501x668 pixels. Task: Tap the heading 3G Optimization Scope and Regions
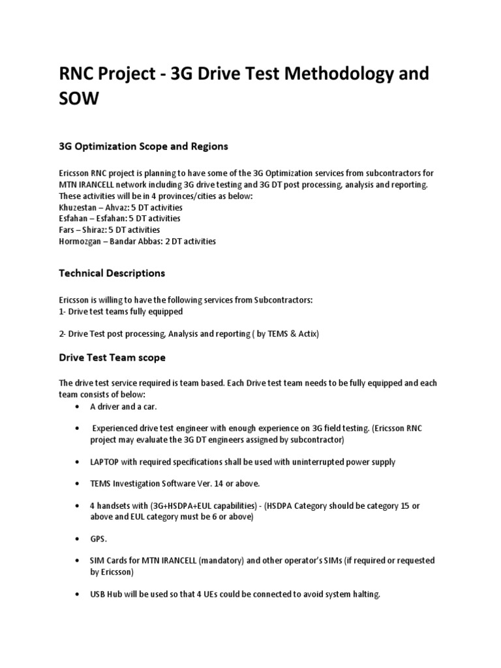[144, 147]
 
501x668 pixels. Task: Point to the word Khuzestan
[82, 207]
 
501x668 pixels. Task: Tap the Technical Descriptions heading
[112, 273]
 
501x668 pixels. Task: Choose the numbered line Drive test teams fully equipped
[121, 311]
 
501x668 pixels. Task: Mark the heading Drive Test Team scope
[112, 357]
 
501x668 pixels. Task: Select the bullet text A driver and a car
[124, 406]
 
